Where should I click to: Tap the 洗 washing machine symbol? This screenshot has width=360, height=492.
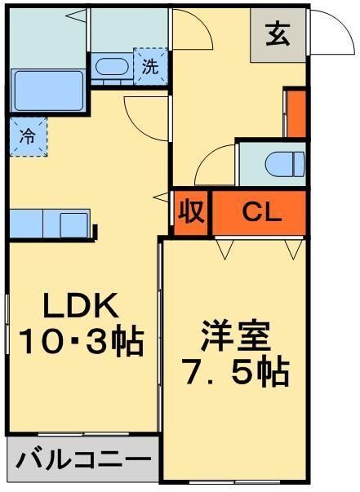pos(151,66)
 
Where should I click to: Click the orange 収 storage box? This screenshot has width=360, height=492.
pos(191,214)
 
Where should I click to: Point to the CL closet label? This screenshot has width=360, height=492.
pos(261,213)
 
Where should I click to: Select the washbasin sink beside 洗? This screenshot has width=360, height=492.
pos(110,67)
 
